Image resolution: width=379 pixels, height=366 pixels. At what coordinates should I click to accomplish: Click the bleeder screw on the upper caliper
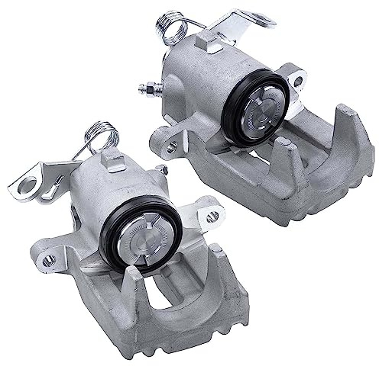pyautogui.click(x=147, y=88)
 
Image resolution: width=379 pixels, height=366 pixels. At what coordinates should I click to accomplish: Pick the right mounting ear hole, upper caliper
pyautogui.click(x=298, y=80)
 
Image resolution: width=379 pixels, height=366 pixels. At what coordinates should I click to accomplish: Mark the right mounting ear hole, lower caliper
pyautogui.click(x=212, y=216)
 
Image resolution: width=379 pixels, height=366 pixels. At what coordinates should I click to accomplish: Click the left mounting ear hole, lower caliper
pyautogui.click(x=48, y=260)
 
